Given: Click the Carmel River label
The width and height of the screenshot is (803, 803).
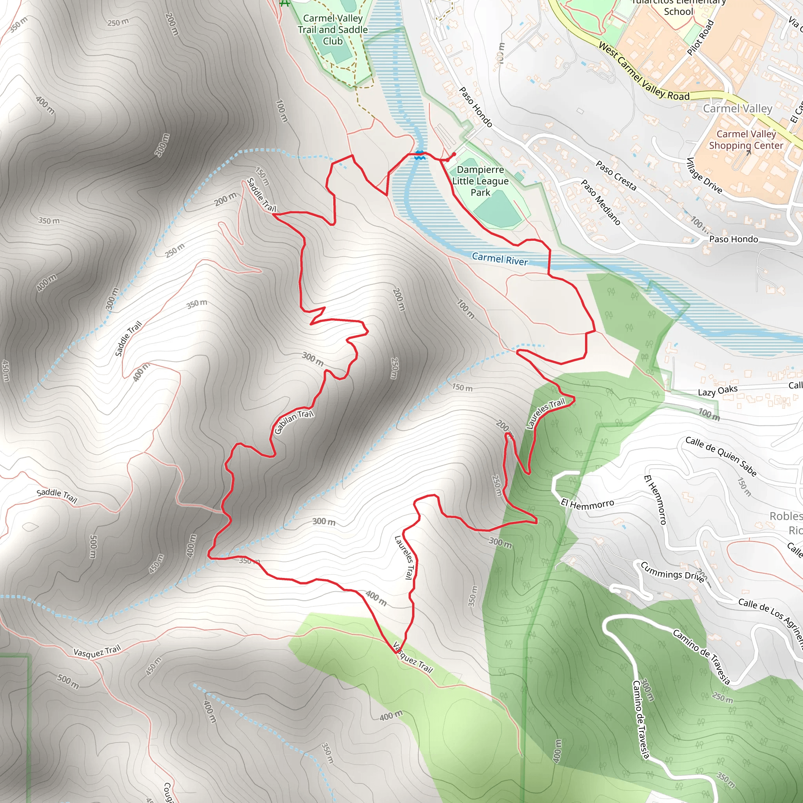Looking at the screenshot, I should pyautogui.click(x=500, y=259).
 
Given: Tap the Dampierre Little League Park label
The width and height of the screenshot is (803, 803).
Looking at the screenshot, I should pyautogui.click(x=480, y=181).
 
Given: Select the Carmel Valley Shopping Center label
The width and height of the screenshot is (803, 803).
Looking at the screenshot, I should pyautogui.click(x=746, y=140).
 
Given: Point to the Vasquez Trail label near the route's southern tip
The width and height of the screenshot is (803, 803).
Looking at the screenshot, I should pyautogui.click(x=413, y=658).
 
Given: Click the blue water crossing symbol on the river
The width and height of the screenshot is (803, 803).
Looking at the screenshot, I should pyautogui.click(x=420, y=155).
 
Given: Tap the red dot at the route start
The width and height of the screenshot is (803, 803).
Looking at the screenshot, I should pyautogui.click(x=454, y=154).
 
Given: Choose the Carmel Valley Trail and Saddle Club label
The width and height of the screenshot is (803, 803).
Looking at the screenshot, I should pyautogui.click(x=332, y=29).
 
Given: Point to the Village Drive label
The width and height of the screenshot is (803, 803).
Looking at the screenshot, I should pyautogui.click(x=704, y=175).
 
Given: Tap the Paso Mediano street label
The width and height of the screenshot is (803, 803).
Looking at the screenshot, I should pyautogui.click(x=601, y=202).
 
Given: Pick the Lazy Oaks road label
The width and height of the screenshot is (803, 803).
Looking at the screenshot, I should pyautogui.click(x=718, y=391).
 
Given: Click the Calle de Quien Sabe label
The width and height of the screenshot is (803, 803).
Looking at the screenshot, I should pyautogui.click(x=721, y=456).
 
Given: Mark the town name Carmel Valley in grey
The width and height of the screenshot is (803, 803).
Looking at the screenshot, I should pyautogui.click(x=738, y=109).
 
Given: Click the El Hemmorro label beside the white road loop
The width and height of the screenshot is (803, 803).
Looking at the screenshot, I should pyautogui.click(x=587, y=504).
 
